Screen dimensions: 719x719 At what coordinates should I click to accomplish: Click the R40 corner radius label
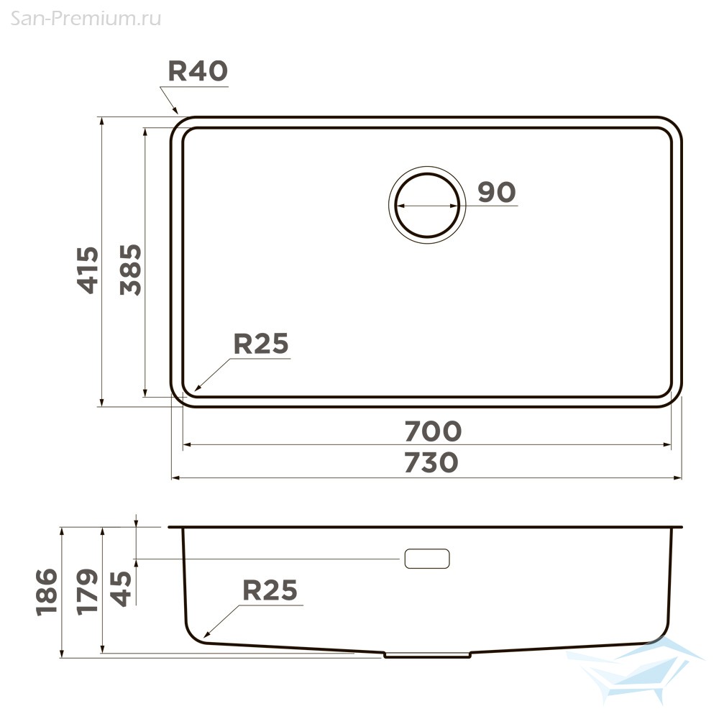click(198, 71)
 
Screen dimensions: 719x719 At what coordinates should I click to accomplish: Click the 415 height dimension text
click(87, 270)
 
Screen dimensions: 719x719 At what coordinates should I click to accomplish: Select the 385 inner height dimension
click(131, 270)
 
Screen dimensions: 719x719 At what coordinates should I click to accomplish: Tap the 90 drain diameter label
click(497, 192)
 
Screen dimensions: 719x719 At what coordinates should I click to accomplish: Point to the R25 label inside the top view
click(261, 344)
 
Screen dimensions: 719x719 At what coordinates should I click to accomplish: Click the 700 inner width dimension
click(432, 431)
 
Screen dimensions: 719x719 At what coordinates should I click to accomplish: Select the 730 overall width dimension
click(431, 462)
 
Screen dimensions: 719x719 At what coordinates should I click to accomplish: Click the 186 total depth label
click(47, 592)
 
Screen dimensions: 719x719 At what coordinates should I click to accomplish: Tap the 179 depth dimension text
click(87, 592)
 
